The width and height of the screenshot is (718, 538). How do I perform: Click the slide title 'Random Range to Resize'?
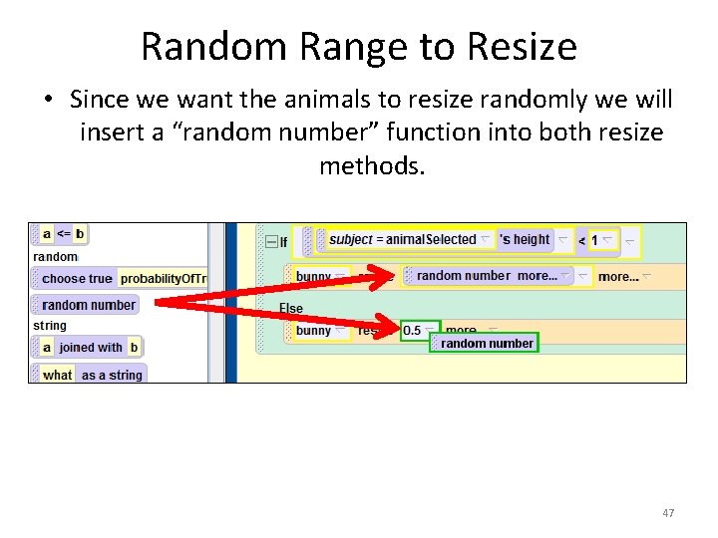pyautogui.click(x=359, y=46)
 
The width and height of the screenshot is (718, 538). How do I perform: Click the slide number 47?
pyautogui.click(x=668, y=513)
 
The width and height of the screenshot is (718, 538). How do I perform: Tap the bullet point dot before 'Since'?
pyautogui.click(x=48, y=100)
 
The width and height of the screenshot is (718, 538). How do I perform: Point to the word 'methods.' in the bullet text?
pyautogui.click(x=372, y=164)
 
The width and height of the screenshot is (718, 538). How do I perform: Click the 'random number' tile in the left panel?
pyautogui.click(x=89, y=305)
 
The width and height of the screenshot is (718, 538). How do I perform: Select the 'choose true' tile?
pyautogui.click(x=77, y=279)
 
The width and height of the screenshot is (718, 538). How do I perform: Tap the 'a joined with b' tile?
pyautogui.click(x=90, y=348)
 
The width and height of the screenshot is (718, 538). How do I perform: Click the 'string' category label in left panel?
pyautogui.click(x=50, y=326)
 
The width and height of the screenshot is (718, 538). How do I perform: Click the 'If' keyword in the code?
pyautogui.click(x=283, y=241)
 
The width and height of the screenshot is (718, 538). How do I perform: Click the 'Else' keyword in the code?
pyautogui.click(x=291, y=308)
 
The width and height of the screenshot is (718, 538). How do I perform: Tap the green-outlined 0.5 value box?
pyautogui.click(x=414, y=331)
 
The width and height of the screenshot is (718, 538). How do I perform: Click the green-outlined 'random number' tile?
pyautogui.click(x=487, y=344)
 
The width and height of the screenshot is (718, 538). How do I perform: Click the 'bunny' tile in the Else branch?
pyautogui.click(x=315, y=331)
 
